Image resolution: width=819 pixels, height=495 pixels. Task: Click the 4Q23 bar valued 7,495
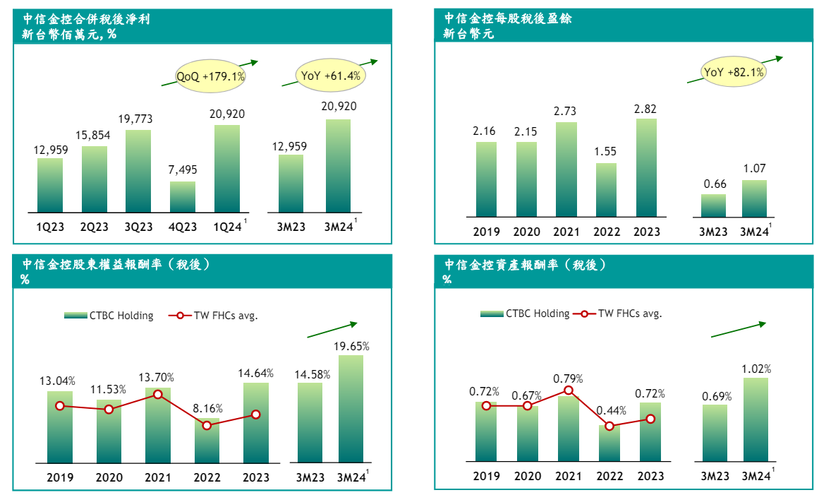coord(183,197)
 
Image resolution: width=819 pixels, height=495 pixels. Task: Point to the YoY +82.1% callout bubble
coord(734,72)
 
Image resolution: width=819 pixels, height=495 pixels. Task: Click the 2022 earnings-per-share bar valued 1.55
coord(607,190)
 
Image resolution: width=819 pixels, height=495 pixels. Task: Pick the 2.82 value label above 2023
coord(646,108)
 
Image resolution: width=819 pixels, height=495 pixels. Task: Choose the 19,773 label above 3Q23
coord(138,119)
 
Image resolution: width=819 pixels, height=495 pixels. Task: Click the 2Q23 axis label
coord(94,226)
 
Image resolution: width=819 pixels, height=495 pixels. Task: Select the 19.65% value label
coord(351,346)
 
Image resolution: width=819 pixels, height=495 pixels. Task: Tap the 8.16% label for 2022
coord(207,408)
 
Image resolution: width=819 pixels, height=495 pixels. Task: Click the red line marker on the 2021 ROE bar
coord(158,395)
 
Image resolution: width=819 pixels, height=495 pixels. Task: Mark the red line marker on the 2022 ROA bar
coord(609,426)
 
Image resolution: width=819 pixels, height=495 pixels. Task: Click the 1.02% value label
coord(756,369)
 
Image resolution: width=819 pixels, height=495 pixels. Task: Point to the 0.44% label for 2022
coord(609,410)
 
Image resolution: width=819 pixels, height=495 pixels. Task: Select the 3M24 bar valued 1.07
coord(754,198)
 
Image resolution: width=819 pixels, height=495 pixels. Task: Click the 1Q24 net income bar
coord(227,168)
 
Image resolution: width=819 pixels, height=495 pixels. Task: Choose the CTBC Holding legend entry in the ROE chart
coord(109,316)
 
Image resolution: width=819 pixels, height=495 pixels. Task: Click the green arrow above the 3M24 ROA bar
coord(738,330)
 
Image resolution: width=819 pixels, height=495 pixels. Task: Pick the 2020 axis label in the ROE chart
coord(109,477)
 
